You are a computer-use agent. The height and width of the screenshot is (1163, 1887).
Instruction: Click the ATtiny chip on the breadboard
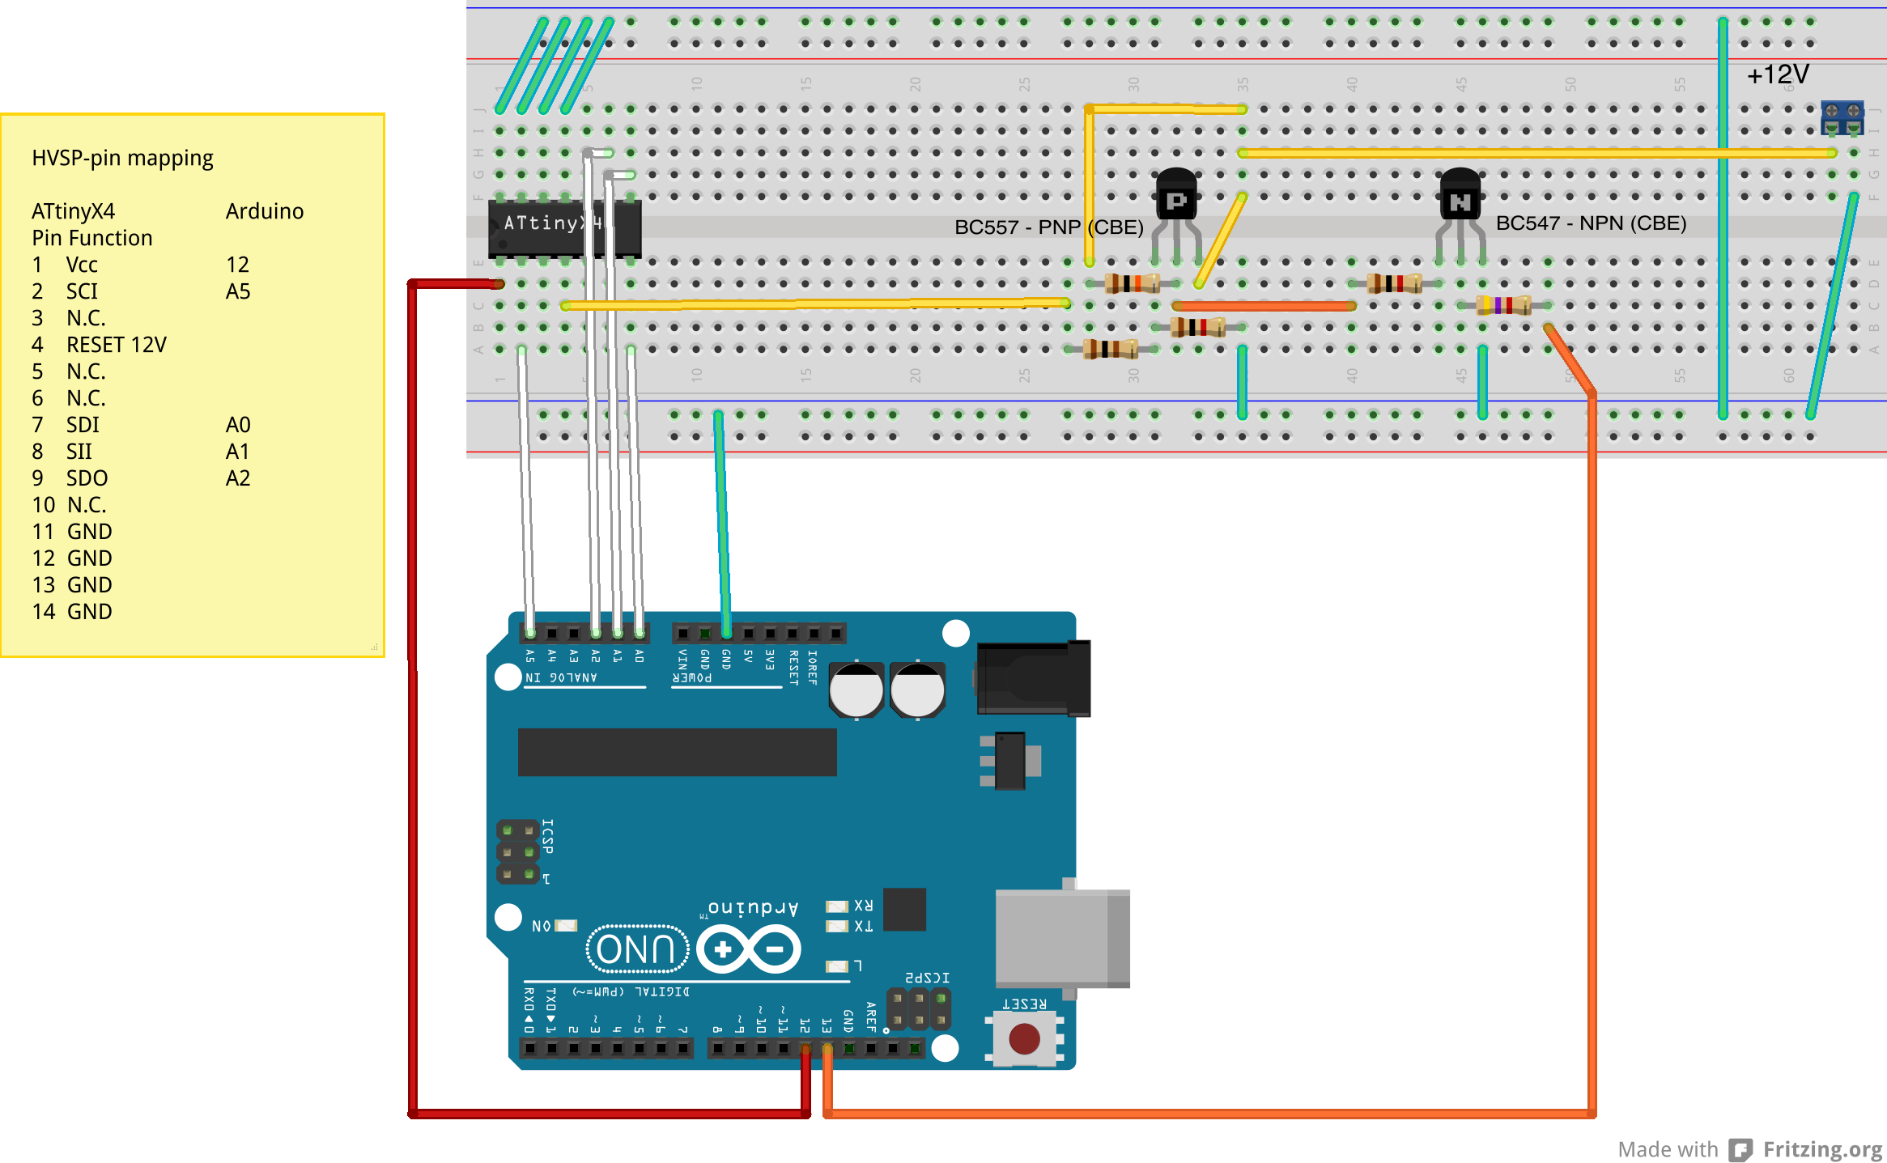564,228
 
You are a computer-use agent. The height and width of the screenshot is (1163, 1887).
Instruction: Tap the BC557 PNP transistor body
1176,196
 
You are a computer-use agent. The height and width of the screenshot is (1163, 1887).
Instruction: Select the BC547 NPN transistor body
1460,196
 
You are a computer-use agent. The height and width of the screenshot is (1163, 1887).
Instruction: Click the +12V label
1778,75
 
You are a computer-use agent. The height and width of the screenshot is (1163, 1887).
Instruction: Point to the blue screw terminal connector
1842,118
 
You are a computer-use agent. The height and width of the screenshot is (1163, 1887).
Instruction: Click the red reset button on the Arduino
1024,1038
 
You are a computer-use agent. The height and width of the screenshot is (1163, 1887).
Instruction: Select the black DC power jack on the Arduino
1033,678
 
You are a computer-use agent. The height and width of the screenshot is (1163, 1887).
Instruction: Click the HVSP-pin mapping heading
122,158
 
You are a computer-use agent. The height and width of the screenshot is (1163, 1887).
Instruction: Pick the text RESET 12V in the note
116,346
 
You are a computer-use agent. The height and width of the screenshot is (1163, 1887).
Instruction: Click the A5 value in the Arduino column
238,292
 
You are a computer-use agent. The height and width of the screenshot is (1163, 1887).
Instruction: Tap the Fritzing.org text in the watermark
1822,1149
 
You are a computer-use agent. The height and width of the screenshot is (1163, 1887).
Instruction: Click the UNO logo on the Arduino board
636,949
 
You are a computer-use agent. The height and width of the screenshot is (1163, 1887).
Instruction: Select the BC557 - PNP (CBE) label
1048,227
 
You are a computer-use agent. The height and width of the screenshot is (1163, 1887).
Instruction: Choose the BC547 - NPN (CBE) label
1591,223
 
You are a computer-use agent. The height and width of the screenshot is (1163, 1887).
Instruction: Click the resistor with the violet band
1502,305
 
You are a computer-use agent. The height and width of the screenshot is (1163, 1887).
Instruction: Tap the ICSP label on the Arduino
548,836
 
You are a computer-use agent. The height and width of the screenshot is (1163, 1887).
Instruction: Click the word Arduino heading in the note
265,212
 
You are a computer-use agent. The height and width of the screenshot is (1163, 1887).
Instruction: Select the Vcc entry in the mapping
82,265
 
